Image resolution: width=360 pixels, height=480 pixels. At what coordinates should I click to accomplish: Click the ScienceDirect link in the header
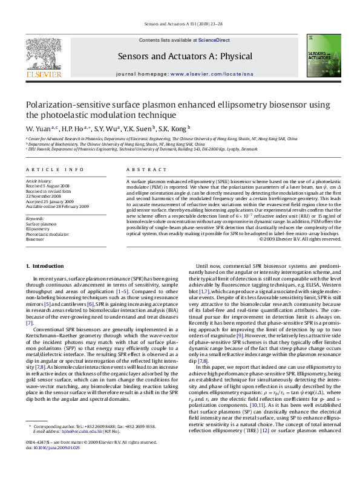(x=214, y=40)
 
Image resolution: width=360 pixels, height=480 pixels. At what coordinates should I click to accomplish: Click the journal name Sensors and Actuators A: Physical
(x=185, y=56)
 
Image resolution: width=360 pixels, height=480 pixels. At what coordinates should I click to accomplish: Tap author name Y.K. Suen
(x=140, y=129)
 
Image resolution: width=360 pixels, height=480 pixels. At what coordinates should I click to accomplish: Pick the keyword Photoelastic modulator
(x=47, y=234)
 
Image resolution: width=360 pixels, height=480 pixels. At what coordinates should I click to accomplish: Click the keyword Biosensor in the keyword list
(x=35, y=239)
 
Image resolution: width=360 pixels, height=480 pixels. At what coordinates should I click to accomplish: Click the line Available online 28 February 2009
(x=57, y=206)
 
